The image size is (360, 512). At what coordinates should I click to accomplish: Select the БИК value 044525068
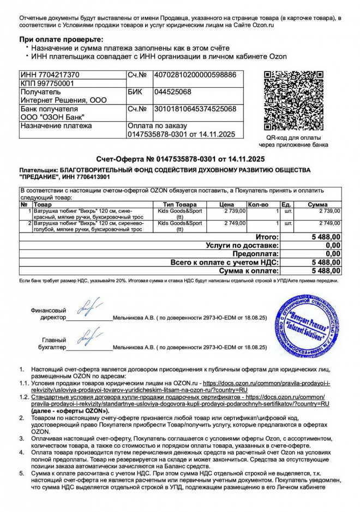[173, 92]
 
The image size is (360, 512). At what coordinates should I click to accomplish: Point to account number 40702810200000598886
[195, 74]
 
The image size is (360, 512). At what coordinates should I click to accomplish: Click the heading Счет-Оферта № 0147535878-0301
[180, 159]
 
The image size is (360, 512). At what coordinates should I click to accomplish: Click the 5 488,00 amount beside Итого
[326, 237]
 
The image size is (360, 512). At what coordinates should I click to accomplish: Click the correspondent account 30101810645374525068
[195, 109]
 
